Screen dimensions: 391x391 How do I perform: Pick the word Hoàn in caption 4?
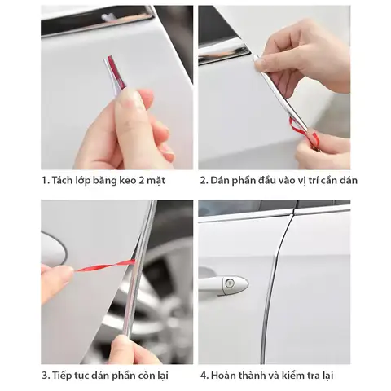coord(226,376)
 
